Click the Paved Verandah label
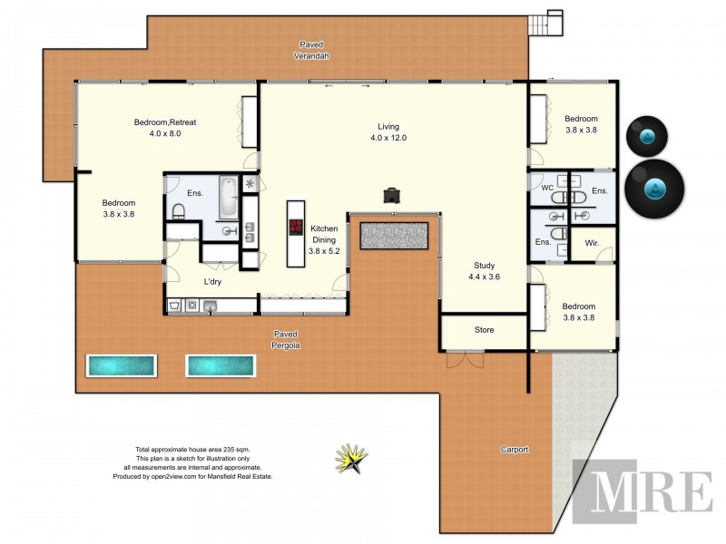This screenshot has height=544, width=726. click(311, 50)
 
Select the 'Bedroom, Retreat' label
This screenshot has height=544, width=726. click(165, 128)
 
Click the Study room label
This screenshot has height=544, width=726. click(483, 271)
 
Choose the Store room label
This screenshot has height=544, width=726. click(484, 330)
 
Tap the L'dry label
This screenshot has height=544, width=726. click(212, 282)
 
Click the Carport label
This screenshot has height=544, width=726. click(515, 450)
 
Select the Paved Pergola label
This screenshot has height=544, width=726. click(288, 339)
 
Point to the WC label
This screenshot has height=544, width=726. click(546, 188)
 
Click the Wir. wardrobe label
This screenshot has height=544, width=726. click(592, 243)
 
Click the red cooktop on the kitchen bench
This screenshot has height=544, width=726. click(294, 228)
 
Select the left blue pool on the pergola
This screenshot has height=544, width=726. click(122, 365)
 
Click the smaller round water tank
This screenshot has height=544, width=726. click(648, 137)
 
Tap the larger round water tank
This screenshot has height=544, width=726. click(654, 188)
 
